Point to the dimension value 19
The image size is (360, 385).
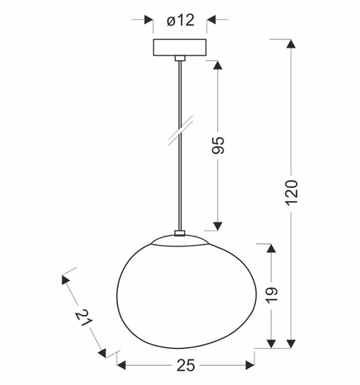pos(271,294)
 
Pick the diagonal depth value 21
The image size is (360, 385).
pos(84,319)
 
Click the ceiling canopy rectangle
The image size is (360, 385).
pos(180,47)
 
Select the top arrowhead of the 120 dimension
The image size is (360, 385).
pos(291,43)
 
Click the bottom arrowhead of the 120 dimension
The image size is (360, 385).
pos(291,343)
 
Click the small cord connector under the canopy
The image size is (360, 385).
pos(180,58)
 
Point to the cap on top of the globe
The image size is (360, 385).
pos(180,235)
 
